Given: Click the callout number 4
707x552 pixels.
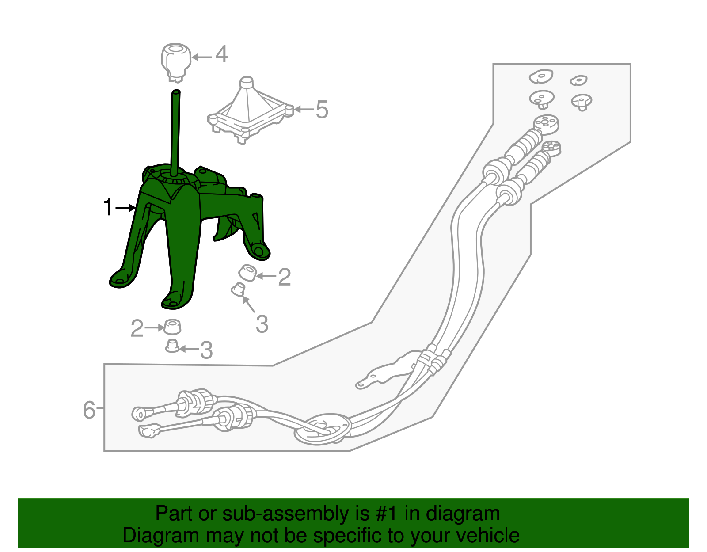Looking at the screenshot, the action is click(x=221, y=54).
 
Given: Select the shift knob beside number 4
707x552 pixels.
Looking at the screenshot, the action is click(x=176, y=62).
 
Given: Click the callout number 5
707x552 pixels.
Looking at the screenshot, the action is click(x=322, y=109).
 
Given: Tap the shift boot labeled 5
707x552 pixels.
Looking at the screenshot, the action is click(x=250, y=110).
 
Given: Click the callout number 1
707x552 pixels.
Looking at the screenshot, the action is click(x=108, y=207).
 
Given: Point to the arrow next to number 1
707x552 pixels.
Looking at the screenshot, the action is click(x=125, y=208).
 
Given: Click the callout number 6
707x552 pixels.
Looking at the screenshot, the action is click(x=89, y=410).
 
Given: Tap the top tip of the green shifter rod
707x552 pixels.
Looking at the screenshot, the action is click(x=176, y=91).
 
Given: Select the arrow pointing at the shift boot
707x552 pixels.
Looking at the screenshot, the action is click(x=304, y=109).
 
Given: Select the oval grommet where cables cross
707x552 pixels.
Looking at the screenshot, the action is click(x=323, y=430).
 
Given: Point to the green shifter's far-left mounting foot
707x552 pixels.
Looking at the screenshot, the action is click(x=121, y=279).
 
